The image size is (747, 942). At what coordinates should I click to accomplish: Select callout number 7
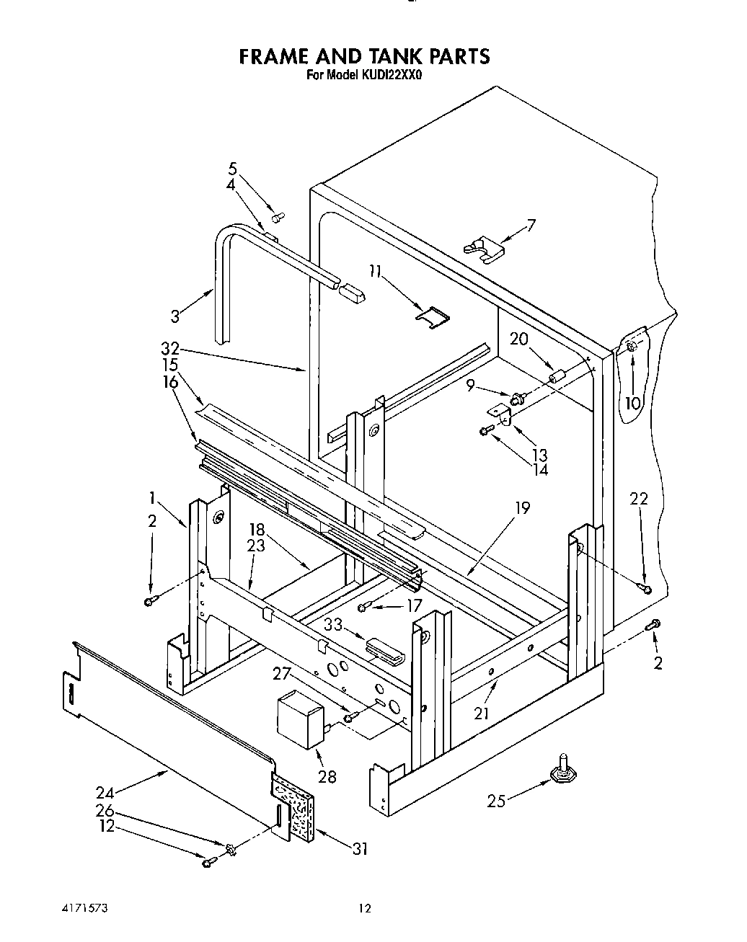click(531, 225)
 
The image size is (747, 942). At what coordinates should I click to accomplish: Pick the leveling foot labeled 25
click(562, 770)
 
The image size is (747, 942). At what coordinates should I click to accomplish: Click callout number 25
click(495, 800)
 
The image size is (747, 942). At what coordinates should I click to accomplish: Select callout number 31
click(358, 849)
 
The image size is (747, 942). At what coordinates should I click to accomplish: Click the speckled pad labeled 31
click(295, 807)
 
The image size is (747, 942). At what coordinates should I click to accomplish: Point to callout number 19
click(522, 509)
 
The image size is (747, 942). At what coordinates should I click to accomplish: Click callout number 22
click(639, 498)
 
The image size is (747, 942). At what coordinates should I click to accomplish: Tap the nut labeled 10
click(632, 348)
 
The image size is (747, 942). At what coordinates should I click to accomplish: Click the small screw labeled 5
click(278, 215)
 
